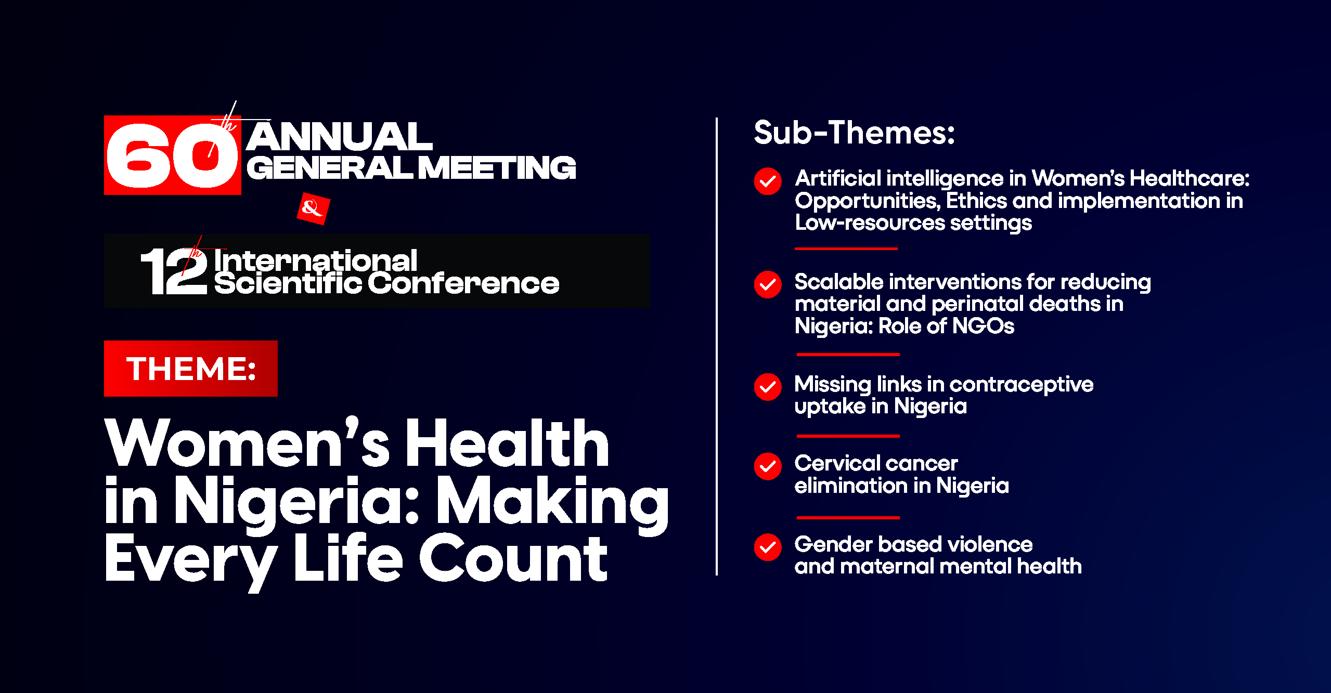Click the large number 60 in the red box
click(x=172, y=155)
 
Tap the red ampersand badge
click(x=313, y=208)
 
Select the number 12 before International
click(x=174, y=270)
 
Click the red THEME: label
click(x=190, y=369)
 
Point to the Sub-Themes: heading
click(x=855, y=133)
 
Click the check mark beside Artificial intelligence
click(x=768, y=181)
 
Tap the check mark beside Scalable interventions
click(x=768, y=284)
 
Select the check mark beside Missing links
click(x=768, y=387)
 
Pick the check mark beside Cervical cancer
click(x=768, y=466)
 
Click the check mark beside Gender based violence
click(x=768, y=547)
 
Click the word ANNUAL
click(x=340, y=136)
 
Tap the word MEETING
click(x=497, y=168)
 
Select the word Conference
click(x=464, y=283)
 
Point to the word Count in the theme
click(x=513, y=558)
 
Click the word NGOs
click(x=983, y=326)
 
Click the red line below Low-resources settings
click(x=846, y=249)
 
